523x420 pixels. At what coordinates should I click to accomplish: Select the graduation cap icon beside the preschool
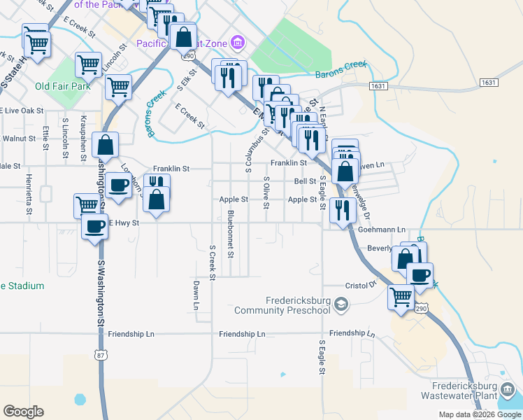point(341,303)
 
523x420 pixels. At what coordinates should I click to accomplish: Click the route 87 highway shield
point(102,355)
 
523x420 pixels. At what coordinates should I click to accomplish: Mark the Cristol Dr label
point(361,285)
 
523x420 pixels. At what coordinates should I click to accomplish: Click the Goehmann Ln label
point(382,230)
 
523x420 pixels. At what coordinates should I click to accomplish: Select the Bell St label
point(306,181)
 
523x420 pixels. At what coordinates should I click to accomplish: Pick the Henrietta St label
point(29,195)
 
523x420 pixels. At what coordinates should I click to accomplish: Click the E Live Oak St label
point(22,111)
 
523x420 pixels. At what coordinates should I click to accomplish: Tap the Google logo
point(23,412)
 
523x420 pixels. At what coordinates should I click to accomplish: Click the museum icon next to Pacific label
point(238,42)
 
